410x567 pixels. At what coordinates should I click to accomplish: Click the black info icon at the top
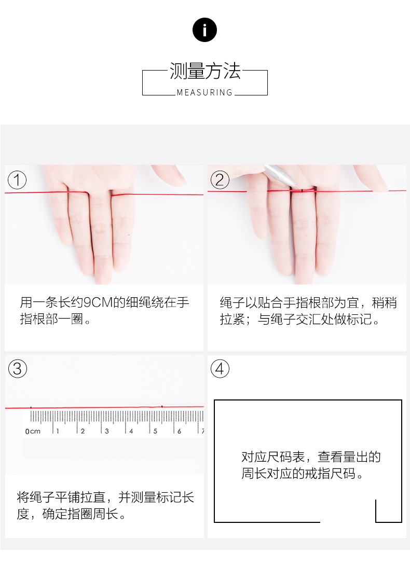point(204,30)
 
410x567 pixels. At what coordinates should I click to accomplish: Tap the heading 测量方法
point(205,71)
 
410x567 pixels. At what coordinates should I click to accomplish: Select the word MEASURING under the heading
point(204,92)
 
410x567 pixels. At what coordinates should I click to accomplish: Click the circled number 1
point(17,180)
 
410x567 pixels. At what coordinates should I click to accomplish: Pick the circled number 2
point(220,180)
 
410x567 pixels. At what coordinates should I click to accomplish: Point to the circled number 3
point(17,369)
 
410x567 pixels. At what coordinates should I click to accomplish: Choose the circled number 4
point(220,369)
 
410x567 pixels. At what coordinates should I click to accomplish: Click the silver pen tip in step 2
point(301,189)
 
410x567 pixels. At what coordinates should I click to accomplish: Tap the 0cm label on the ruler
point(33,431)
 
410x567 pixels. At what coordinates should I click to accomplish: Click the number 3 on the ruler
point(107,431)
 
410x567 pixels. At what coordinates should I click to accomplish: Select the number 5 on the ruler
point(155,431)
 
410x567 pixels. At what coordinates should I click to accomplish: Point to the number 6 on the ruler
point(179,431)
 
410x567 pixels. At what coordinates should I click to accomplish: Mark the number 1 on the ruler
point(58,431)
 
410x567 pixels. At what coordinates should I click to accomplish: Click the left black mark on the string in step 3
point(31,408)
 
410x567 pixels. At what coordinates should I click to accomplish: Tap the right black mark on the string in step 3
point(162,407)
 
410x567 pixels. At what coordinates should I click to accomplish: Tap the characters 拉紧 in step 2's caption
point(233,319)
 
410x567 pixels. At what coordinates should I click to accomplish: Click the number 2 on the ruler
point(83,431)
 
